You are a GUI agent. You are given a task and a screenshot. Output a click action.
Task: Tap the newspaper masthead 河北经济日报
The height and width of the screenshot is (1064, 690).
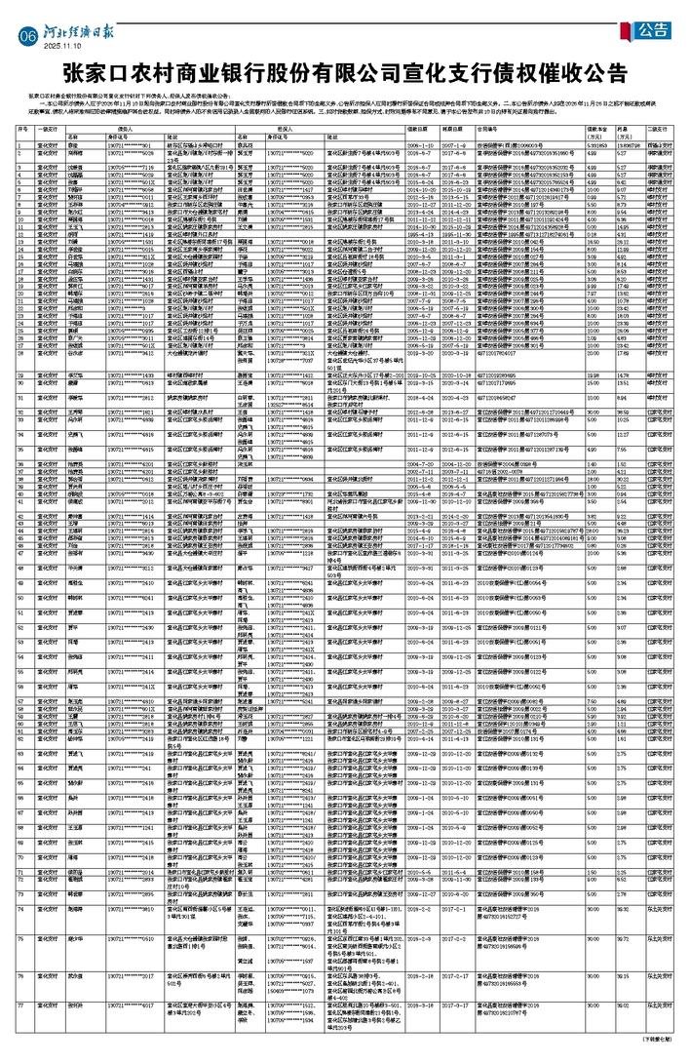pyautogui.click(x=78, y=31)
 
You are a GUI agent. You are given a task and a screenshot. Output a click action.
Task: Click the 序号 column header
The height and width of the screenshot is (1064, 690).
pyautogui.click(x=21, y=128)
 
